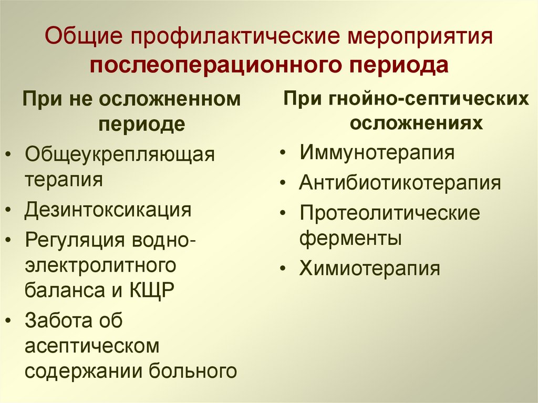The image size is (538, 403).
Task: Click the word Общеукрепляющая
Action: point(120,156)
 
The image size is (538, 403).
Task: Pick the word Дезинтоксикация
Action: point(108,210)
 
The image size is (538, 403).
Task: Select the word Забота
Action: point(59,320)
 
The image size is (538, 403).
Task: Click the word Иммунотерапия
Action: point(377,153)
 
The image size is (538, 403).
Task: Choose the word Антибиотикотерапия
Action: point(400,183)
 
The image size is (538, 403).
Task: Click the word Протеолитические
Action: point(390,213)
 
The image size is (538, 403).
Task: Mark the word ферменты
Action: point(350,239)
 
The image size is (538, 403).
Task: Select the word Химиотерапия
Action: point(369,268)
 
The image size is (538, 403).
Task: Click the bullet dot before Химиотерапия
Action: point(283,268)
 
